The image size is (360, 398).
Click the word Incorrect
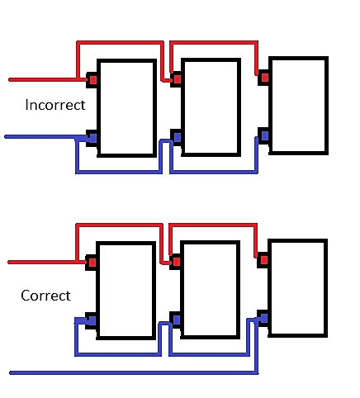[x=55, y=105]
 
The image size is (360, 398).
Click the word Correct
[x=45, y=296]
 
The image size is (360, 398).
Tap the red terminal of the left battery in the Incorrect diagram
[x=93, y=80]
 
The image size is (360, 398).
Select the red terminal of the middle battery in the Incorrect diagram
[x=178, y=79]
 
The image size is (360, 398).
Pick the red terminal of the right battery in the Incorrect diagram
[x=265, y=78]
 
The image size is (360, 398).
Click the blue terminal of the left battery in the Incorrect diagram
[x=93, y=137]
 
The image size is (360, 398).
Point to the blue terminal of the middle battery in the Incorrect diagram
[x=178, y=136]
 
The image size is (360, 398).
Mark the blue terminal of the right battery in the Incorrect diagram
[x=265, y=135]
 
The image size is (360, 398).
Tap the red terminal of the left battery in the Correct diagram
[x=92, y=263]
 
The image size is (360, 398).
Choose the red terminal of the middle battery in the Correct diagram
[x=177, y=262]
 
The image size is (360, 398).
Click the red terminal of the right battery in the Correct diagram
[x=264, y=260]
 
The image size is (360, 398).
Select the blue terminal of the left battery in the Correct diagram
[x=92, y=320]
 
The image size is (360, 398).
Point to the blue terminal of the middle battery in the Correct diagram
[x=177, y=320]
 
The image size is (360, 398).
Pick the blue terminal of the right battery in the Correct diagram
[x=264, y=318]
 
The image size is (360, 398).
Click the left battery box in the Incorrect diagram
[x=127, y=108]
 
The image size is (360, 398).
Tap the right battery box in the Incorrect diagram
[x=298, y=106]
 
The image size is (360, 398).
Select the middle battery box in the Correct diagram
[x=210, y=290]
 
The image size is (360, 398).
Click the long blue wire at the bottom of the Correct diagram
[x=134, y=372]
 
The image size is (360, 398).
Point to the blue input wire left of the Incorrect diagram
[x=47, y=137]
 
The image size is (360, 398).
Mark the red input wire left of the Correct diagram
[x=47, y=263]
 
